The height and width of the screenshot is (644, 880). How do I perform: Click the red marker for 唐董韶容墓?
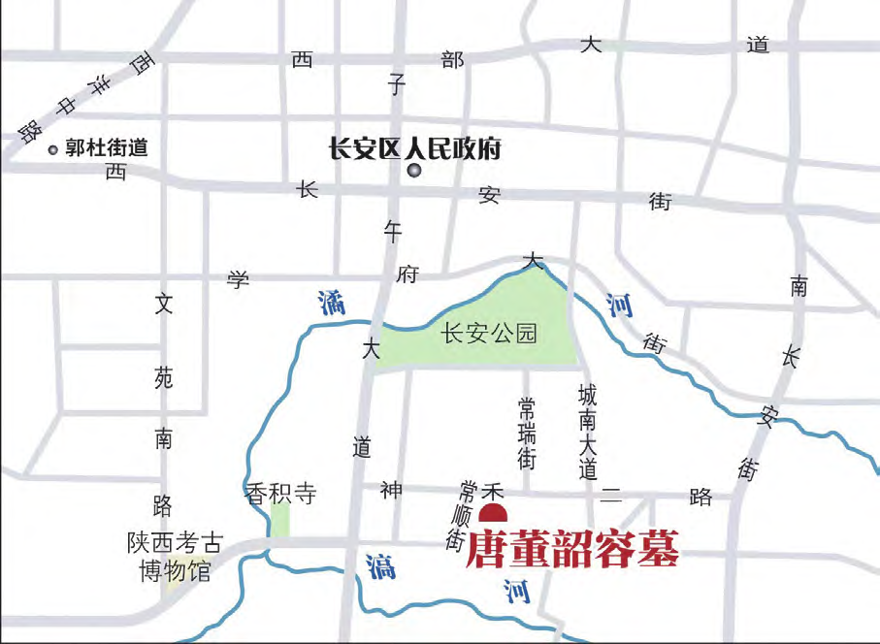point(493,514)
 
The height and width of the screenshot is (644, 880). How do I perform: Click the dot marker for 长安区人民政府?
point(414,172)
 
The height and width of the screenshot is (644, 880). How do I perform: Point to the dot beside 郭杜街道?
point(53,149)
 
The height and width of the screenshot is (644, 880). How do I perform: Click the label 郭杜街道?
point(107,148)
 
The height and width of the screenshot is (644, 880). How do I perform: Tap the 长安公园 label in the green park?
point(488,335)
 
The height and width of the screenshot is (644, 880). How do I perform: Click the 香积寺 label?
point(281,494)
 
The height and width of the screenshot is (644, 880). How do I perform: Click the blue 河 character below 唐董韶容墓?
point(517,590)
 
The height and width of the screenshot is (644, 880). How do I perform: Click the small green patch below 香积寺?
point(279,520)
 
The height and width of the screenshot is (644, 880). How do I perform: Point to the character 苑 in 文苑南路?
point(163,379)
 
